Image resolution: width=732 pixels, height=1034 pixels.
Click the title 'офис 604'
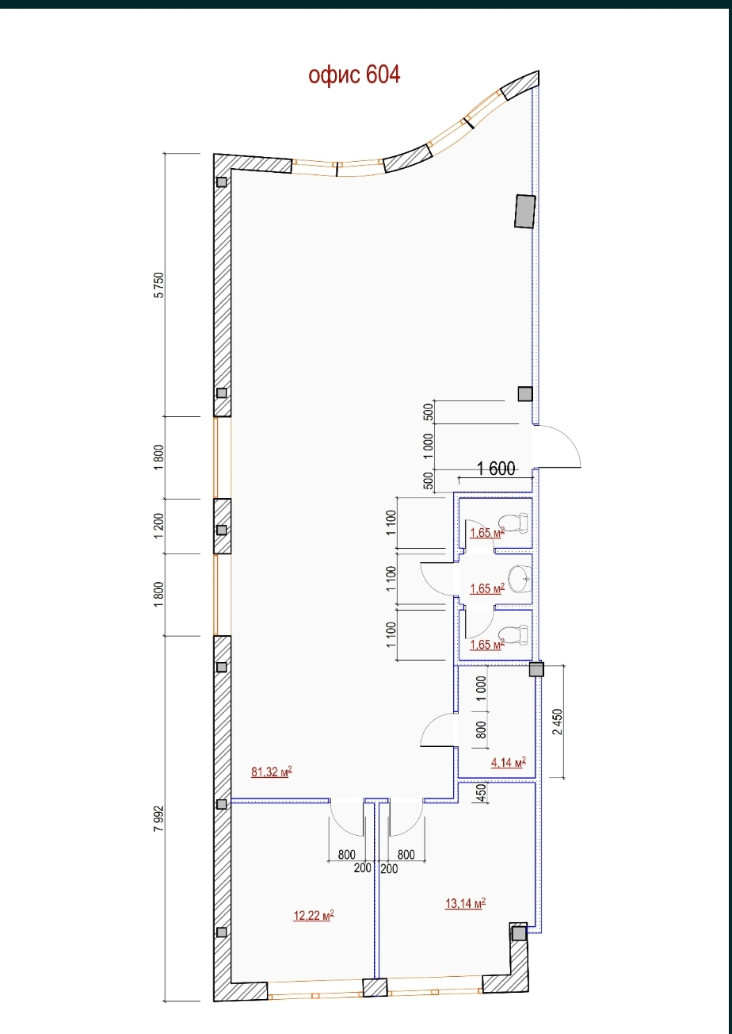354,75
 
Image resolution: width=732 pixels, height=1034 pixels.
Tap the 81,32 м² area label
272,772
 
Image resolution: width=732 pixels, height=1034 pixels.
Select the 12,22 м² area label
314,915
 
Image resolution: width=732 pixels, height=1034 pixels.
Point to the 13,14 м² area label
465,903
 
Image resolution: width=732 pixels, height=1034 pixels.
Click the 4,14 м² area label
509,762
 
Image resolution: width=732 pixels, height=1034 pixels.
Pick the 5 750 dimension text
158,285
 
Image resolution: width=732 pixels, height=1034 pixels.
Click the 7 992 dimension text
158,818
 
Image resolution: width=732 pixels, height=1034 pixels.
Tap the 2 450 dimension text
558,722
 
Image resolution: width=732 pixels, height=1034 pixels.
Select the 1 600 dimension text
496,469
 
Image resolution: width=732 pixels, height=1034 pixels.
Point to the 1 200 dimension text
158,526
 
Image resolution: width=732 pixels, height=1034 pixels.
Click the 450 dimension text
481,794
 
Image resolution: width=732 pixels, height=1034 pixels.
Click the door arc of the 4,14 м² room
435,726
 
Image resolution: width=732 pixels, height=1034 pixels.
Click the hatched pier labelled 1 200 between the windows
223,526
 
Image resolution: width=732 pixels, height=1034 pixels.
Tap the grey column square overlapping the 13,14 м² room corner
519,933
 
